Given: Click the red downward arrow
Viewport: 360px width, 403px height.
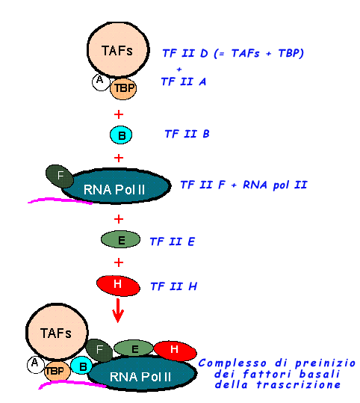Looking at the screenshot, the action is click(x=118, y=310).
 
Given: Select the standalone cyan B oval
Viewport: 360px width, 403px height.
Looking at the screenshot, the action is click(x=121, y=135).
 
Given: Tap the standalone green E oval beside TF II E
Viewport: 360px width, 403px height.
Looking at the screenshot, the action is click(x=120, y=239).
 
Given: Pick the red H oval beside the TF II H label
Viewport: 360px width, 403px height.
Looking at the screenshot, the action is click(x=118, y=286).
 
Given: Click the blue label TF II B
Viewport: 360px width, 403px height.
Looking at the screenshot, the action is click(x=187, y=134).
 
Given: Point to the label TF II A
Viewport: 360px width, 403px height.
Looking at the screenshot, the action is click(x=184, y=81).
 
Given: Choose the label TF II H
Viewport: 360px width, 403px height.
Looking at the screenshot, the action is click(x=174, y=286).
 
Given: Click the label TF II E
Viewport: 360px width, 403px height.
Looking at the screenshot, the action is click(x=173, y=242).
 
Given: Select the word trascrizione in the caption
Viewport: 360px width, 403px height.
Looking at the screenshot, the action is click(x=299, y=385).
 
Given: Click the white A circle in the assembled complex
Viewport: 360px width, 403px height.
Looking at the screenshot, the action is click(x=35, y=364).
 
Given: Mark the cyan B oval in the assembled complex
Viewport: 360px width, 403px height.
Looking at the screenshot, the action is click(x=81, y=366).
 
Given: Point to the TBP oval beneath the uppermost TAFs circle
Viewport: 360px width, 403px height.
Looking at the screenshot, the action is click(x=123, y=88).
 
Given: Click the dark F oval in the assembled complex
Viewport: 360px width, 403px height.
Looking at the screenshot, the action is click(x=99, y=351).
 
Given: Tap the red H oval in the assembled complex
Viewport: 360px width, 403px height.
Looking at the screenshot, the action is click(x=175, y=351).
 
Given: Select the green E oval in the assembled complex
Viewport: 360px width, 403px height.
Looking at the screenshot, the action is click(x=133, y=348).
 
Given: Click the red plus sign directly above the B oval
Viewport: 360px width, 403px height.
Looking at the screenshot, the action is click(x=119, y=114).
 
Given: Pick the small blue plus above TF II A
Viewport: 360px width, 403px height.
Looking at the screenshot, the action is click(x=179, y=69).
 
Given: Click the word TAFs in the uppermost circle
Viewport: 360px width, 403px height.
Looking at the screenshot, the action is click(x=117, y=50).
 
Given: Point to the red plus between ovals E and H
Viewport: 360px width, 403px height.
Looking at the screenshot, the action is click(x=119, y=262).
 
